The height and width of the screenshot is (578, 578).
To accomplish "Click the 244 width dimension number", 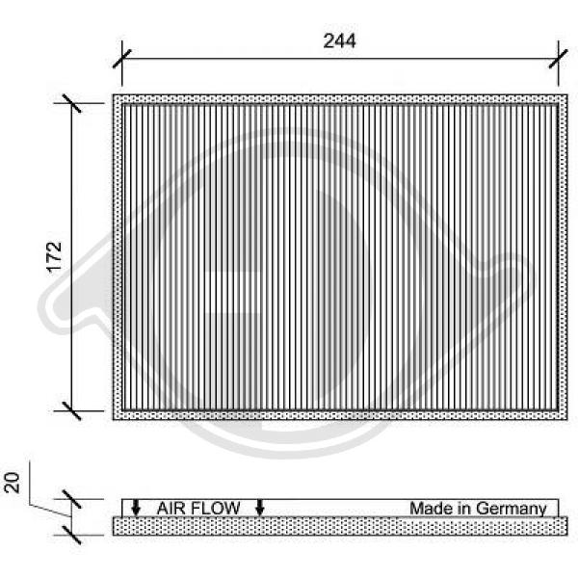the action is tap(339, 40).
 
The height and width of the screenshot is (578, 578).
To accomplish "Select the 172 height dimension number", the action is tap(55, 257).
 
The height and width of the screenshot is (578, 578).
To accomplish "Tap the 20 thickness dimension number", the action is tap(12, 483).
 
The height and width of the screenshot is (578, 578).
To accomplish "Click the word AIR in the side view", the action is tap(170, 509).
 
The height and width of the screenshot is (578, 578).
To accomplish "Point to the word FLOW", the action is tap(214, 509).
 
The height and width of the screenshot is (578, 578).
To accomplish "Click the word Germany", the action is tap(512, 509).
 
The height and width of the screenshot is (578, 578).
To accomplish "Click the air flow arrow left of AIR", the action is tap(136, 508).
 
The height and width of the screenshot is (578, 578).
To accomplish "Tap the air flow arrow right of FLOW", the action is tap(260, 508).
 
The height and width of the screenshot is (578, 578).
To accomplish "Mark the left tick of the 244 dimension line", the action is tap(122, 59).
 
